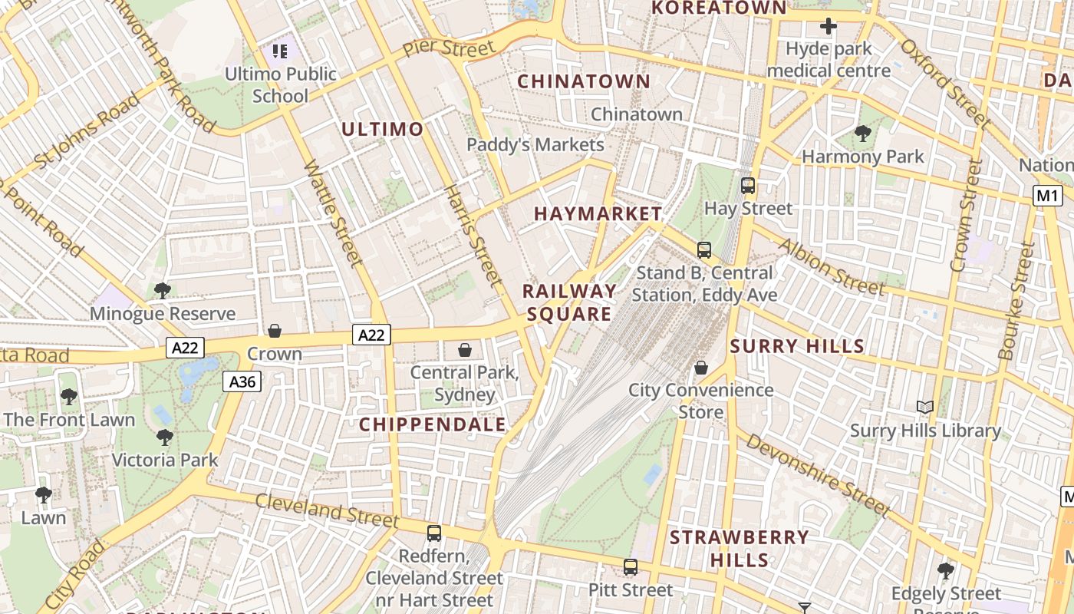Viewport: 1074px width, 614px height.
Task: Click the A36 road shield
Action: pos(242,381)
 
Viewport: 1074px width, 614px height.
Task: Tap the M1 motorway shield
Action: pos(1047,196)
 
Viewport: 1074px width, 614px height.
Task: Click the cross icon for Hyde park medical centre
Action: pos(828,27)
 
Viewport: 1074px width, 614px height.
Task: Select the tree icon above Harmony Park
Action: pos(863,134)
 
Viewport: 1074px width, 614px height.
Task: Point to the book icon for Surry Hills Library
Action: pos(925,408)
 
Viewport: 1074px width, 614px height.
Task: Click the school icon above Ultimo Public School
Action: pos(280,51)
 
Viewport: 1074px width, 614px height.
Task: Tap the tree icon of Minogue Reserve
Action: pos(162,290)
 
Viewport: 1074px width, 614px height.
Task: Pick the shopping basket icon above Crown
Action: pos(274,331)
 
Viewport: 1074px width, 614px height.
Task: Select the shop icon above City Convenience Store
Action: pos(700,368)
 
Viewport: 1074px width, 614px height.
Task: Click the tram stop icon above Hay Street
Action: pos(747,185)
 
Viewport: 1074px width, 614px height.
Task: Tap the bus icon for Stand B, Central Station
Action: pos(703,249)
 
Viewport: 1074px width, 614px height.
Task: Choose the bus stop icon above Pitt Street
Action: pos(631,567)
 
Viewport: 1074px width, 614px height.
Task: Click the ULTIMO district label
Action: pos(382,129)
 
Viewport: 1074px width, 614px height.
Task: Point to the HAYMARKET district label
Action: pos(598,213)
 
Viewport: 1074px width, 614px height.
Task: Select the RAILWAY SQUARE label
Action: pos(569,302)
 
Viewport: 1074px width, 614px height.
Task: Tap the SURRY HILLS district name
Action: pos(797,346)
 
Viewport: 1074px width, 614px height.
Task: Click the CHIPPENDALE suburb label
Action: pos(433,424)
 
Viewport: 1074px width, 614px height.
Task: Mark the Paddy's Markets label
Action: pos(535,144)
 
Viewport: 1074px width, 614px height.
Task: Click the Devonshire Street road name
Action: pos(818,475)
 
